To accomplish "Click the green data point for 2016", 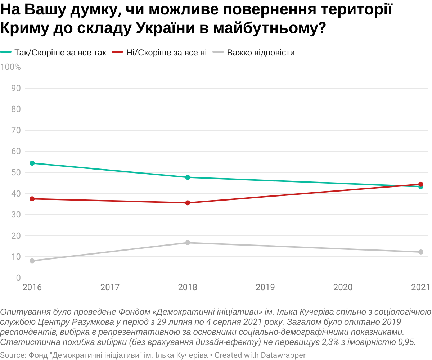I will [32, 163].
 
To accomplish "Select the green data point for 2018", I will [188, 177].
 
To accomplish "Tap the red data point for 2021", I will [420, 184].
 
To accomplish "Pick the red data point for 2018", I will [188, 203].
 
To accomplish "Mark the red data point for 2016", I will [32, 199].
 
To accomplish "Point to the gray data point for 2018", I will [188, 243].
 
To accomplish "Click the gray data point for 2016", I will [32, 261].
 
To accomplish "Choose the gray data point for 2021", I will [420, 252].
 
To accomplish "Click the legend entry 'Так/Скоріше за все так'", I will [60, 53].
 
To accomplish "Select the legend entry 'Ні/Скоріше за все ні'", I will [166, 53].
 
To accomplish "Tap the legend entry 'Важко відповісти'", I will [261, 53].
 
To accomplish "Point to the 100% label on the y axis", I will [10, 67].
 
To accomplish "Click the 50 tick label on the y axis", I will [16, 172].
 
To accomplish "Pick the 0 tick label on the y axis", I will [18, 278].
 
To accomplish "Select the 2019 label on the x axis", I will [265, 287].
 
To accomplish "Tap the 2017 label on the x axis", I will [110, 287].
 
